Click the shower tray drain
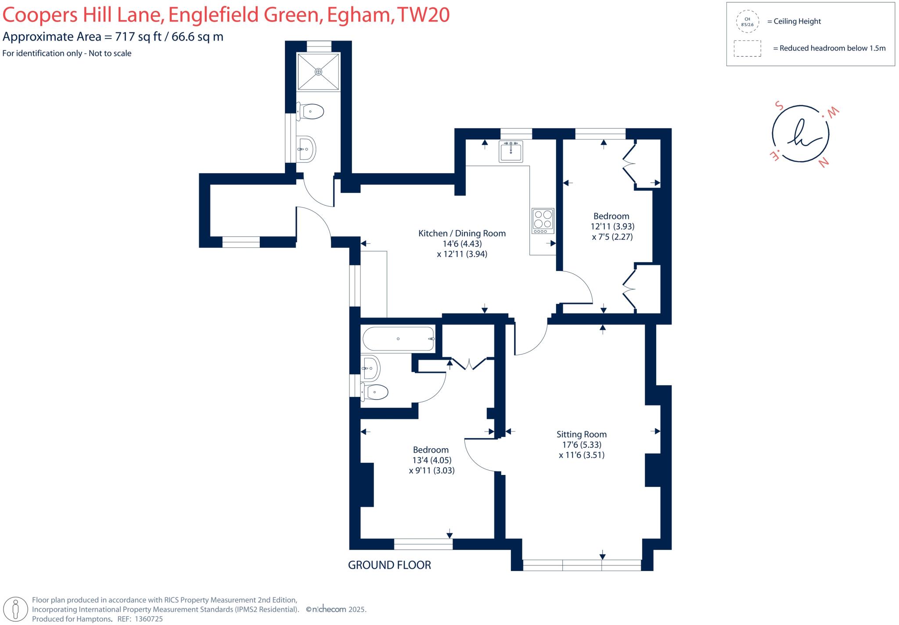[318, 71]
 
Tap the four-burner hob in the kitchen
[543, 221]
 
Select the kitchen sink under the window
[511, 152]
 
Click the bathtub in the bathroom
[398, 339]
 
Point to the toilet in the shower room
[311, 111]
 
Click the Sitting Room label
[581, 434]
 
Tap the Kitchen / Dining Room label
[462, 233]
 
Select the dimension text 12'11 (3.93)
[612, 226]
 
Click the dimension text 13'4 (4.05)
[432, 460]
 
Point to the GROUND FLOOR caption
[389, 565]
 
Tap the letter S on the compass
[779, 106]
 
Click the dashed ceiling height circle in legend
[747, 21]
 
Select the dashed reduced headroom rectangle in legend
[747, 48]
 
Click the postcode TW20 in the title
[423, 15]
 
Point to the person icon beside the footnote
[16, 610]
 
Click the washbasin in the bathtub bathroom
[371, 368]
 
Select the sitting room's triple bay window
[582, 565]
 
